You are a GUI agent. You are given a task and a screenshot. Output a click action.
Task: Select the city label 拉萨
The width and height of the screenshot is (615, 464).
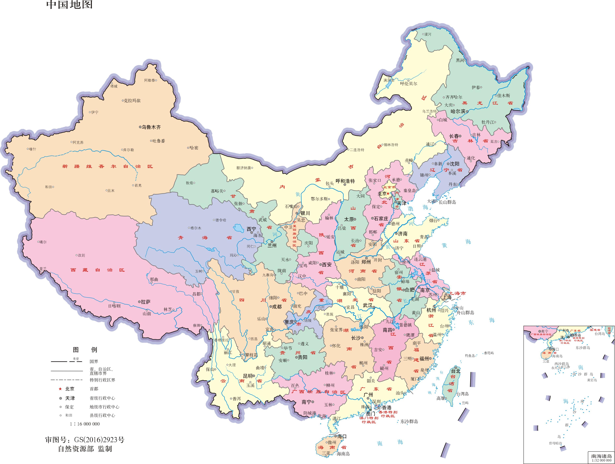(145, 302)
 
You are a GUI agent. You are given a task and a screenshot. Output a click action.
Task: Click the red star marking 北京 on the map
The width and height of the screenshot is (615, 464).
(388, 193)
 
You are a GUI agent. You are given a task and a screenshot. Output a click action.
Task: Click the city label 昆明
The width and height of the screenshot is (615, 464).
(248, 376)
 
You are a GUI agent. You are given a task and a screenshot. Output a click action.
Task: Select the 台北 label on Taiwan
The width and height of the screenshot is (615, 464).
(456, 371)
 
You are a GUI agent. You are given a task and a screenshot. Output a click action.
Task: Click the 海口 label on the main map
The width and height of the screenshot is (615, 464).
(342, 436)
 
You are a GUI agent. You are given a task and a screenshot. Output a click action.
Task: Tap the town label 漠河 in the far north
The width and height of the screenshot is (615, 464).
(428, 34)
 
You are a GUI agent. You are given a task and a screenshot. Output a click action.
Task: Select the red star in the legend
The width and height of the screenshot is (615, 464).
(60, 389)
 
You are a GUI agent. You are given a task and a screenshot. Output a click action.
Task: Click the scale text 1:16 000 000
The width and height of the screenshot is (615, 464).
(85, 424)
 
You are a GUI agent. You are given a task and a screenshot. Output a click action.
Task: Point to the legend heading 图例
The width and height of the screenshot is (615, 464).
(85, 350)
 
